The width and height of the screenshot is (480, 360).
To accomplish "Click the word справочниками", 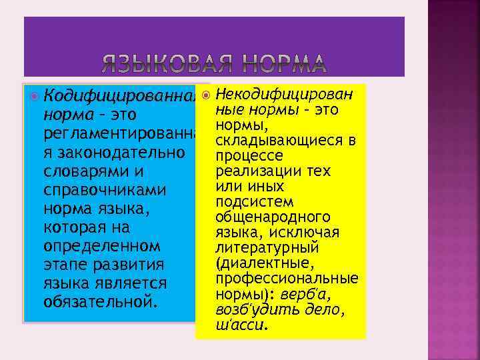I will click(x=103, y=191).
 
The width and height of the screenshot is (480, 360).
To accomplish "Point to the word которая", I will click(x=77, y=227).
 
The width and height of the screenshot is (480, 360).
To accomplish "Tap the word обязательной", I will click(x=100, y=302).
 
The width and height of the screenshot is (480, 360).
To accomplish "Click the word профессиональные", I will click(x=287, y=277).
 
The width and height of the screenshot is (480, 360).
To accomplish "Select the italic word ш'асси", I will click(x=241, y=325).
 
